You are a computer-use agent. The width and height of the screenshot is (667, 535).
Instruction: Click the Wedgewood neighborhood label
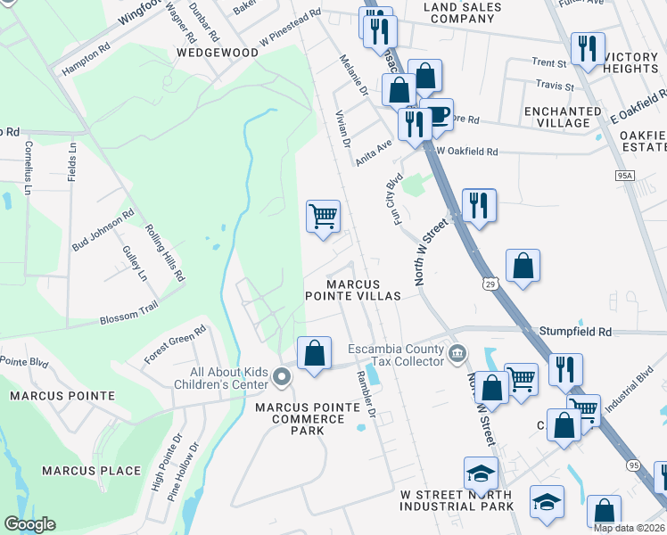coord(218,53)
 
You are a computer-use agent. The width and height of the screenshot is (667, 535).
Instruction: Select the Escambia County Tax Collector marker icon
coord(457,354)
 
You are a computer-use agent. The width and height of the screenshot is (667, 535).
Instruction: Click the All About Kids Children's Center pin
coord(283,378)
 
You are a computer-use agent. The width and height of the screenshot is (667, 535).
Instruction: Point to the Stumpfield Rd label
coord(575,332)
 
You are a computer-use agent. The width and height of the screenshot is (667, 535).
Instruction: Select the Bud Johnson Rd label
coord(103,230)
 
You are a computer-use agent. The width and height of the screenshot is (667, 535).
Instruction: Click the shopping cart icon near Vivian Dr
coord(323,216)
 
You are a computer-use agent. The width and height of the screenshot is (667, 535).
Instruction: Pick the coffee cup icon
coord(438,114)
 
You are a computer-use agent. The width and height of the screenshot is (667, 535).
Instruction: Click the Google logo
coord(29,524)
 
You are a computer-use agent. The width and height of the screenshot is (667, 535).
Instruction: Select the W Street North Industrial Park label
coord(457,500)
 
